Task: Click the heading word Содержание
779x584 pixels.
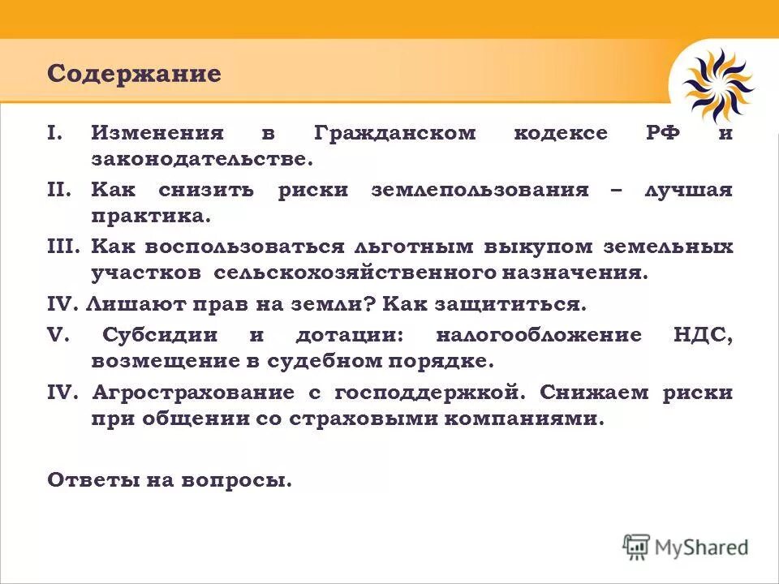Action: [134, 74]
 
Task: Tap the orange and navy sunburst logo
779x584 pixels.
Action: [717, 84]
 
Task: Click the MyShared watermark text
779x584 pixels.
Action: [701, 547]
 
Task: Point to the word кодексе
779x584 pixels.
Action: [560, 133]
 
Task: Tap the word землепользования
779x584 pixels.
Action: [480, 190]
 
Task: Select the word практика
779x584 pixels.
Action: [150, 217]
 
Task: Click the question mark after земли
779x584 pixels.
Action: [368, 305]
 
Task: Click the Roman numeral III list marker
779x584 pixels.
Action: [64, 247]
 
